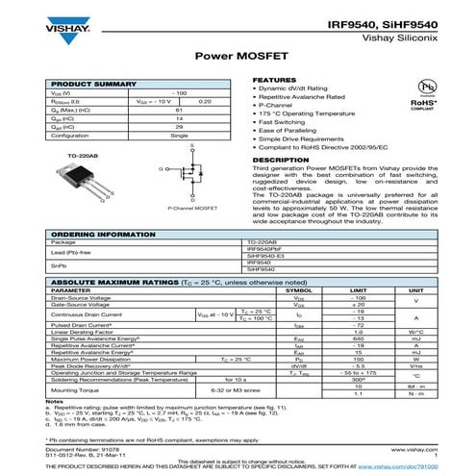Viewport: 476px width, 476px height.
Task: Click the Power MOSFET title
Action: [x=238, y=57]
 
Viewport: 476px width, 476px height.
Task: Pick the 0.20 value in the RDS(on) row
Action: [x=205, y=101]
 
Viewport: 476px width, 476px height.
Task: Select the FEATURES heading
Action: [x=272, y=79]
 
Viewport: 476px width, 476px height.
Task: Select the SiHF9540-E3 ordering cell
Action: [x=267, y=255]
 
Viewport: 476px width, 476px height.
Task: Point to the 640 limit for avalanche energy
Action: [x=359, y=338]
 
